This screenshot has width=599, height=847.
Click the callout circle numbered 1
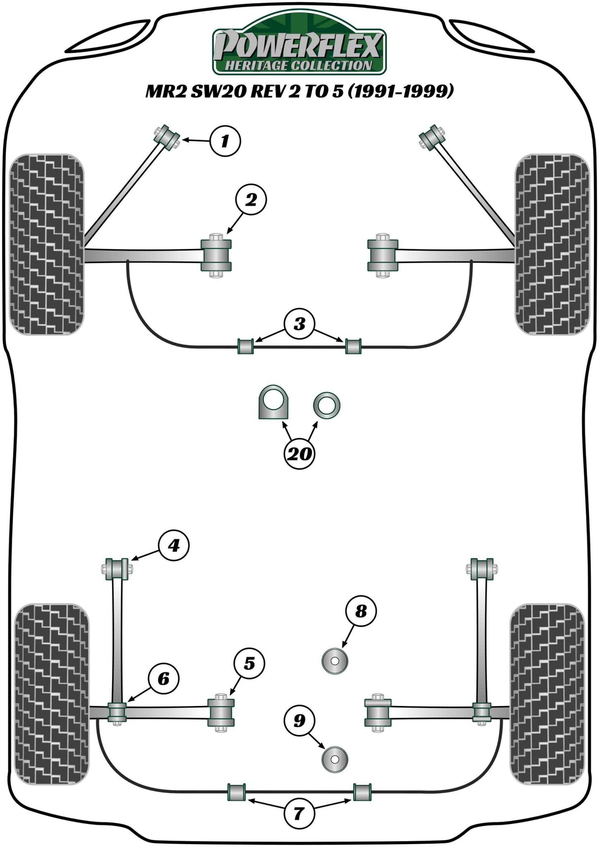click(x=225, y=142)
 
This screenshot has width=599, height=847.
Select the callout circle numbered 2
click(x=251, y=200)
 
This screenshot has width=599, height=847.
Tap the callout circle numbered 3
click(x=299, y=324)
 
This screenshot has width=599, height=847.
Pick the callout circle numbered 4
click(x=174, y=545)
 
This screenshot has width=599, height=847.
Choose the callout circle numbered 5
click(x=249, y=663)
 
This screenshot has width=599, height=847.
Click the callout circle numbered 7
click(x=299, y=812)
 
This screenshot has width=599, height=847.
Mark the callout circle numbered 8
click(x=361, y=611)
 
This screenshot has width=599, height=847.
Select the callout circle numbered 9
click(x=299, y=721)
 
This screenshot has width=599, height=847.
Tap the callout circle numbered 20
click(x=299, y=453)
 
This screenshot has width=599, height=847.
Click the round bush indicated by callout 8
click(x=335, y=661)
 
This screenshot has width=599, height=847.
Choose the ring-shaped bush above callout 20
click(x=327, y=405)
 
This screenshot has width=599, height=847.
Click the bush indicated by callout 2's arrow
click(x=216, y=255)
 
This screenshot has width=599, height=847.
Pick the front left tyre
click(x=47, y=244)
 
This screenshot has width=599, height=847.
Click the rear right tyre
click(x=547, y=694)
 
